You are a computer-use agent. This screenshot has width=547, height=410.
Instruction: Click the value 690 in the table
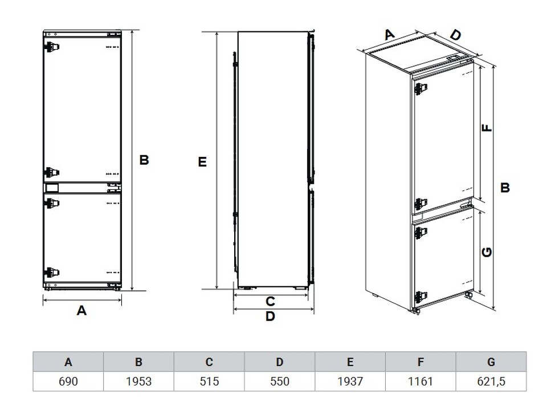[x=68, y=381]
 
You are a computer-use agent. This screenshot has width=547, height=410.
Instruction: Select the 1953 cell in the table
[x=138, y=381]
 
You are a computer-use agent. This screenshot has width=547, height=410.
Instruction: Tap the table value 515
[x=209, y=381]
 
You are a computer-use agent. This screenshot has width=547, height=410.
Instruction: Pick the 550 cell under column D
[x=280, y=381]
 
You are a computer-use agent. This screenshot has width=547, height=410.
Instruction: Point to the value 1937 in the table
[x=350, y=381]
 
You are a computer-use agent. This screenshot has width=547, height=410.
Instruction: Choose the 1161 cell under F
[x=421, y=381]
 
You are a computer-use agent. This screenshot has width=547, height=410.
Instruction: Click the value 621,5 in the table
[x=491, y=381]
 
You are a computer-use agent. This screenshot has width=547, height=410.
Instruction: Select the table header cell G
[x=491, y=362]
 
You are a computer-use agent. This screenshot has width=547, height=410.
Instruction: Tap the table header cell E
[x=350, y=362]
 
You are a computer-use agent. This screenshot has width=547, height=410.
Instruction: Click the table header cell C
[x=209, y=362]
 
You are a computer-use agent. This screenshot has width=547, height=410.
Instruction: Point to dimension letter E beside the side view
[x=202, y=162]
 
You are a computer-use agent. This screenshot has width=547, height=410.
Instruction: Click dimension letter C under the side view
[x=270, y=301]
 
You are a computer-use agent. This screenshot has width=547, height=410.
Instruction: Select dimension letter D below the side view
[x=270, y=316]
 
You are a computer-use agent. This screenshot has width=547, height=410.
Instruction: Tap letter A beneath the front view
[x=81, y=310]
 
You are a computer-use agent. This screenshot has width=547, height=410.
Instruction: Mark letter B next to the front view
[x=144, y=160]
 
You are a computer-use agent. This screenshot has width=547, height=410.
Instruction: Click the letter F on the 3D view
[x=487, y=128]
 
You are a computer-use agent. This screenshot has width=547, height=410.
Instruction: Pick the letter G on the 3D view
[x=487, y=252]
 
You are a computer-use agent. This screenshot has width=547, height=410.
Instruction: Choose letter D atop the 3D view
[x=455, y=35]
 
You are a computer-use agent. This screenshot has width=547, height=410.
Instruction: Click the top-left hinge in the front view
[x=52, y=47]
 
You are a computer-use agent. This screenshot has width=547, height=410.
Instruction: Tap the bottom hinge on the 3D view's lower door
[x=421, y=297]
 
